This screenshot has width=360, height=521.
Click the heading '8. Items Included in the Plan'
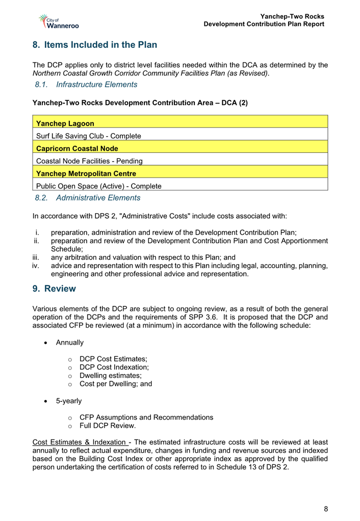coord(94,45)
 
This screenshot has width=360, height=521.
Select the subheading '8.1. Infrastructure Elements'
coord(86,85)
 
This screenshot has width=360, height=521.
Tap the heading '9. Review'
coord(54,289)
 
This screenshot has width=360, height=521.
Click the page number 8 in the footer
coord(325,509)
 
